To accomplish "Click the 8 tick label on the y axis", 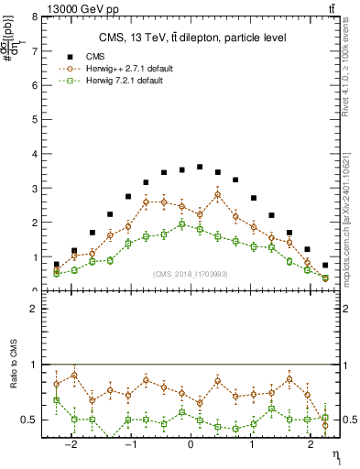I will tap(34, 16).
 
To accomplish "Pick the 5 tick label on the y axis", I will tap(34, 119).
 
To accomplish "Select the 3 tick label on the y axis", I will tap(34, 188).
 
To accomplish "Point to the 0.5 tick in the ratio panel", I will tap(29, 420).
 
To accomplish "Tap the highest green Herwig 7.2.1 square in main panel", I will tap(181, 224).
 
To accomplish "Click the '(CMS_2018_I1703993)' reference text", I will tap(191, 273).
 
